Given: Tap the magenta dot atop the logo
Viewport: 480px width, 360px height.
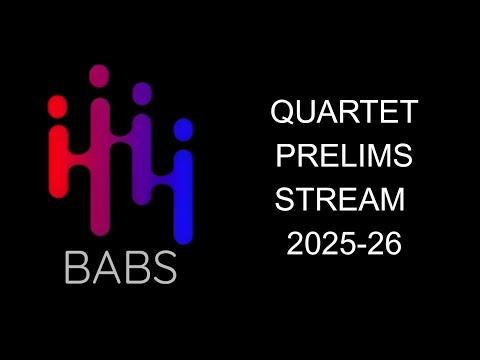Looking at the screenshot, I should pos(99,75).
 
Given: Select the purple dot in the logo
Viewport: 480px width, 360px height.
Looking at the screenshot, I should pos(142,92).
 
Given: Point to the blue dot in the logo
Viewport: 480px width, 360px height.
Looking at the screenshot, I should pos(183,129).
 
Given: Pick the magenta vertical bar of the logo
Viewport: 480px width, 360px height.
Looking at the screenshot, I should pos(100,150).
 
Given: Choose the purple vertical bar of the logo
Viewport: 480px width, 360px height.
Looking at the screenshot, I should pos(142,165).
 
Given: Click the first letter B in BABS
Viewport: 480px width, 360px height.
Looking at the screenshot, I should pos(77,267).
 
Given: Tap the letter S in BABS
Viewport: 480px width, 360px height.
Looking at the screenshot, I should pos(163,267).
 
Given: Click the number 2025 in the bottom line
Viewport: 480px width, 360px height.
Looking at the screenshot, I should pos(318,244).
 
